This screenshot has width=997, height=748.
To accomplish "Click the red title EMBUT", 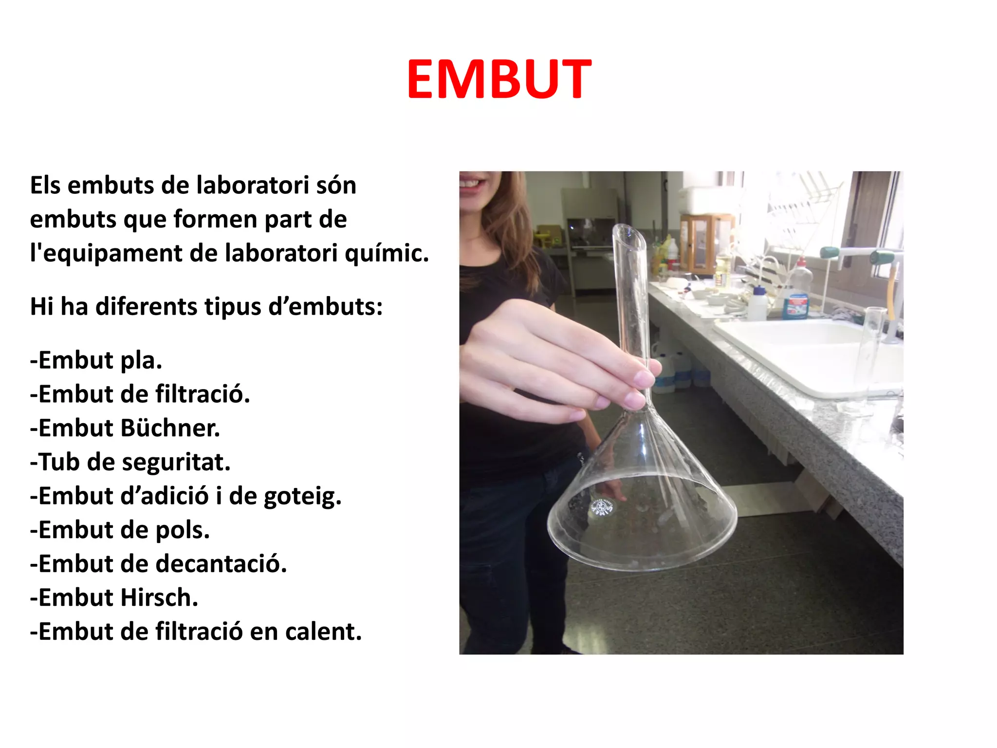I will (499, 79).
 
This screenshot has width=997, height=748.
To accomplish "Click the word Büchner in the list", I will (170, 428).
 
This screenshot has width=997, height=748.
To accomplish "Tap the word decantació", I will (221, 563).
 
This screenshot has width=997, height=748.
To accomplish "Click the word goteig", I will (302, 497).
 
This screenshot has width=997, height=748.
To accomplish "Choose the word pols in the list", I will (183, 530).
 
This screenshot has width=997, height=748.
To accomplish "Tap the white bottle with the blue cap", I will (757, 304).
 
